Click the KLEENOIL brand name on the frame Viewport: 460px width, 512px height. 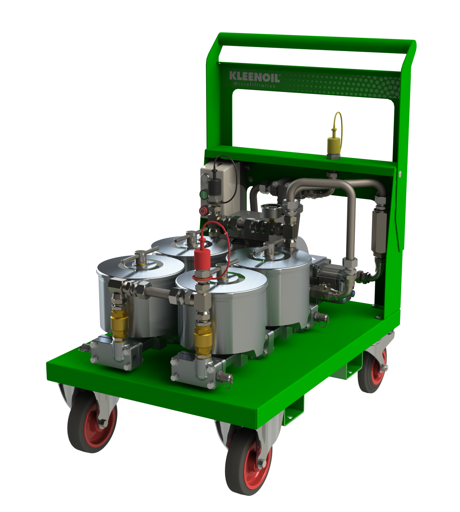tap(255, 77)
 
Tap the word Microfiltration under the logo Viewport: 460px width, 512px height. tap(255, 85)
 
